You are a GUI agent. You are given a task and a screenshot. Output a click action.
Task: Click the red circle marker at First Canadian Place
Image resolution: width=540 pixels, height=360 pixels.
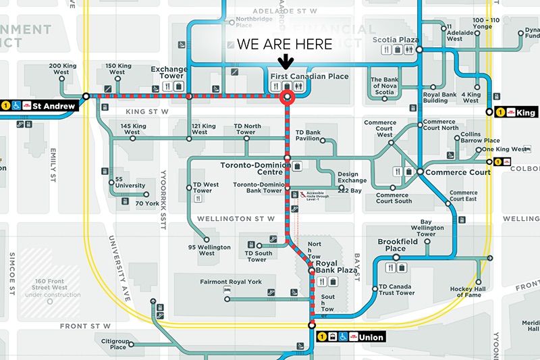[x=288, y=97]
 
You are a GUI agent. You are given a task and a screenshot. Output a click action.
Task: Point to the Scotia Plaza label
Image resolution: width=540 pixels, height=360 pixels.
[x=396, y=40]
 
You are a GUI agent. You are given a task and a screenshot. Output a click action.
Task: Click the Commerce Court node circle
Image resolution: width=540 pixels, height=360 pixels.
[x=419, y=172]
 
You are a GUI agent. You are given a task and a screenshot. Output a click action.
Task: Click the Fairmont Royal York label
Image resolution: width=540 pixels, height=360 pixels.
[x=230, y=281]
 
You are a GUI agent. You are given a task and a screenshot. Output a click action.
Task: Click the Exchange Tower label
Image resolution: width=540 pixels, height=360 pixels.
[x=168, y=73]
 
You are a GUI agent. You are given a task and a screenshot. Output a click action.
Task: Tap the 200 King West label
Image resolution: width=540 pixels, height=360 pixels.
[x=64, y=69]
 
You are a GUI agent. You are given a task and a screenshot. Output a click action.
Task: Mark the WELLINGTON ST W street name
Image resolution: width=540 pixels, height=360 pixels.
[x=236, y=219]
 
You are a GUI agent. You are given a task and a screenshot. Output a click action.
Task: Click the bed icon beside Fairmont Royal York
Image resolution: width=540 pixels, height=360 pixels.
[x=228, y=290]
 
